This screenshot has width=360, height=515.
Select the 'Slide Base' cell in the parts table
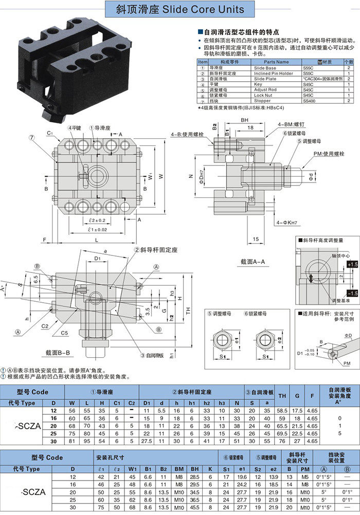[x=265, y=68]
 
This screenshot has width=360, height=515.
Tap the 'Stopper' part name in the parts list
[x=263, y=101]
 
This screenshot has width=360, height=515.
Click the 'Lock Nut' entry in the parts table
[x=264, y=95]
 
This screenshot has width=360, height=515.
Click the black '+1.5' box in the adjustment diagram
[x=352, y=264]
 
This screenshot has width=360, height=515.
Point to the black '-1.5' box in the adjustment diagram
[x=352, y=293]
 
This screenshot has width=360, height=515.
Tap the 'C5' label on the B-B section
[x=64, y=333]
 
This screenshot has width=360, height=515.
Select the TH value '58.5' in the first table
[x=282, y=418]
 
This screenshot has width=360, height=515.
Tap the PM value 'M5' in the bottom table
[x=304, y=477]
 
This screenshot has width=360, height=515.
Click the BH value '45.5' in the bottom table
[x=194, y=507]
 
